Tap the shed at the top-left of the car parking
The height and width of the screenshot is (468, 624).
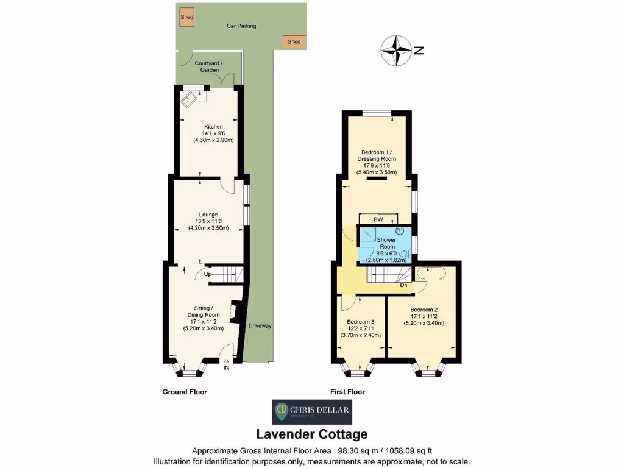(186, 17)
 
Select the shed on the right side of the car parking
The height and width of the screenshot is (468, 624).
(294, 41)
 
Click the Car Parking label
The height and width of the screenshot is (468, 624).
(241, 26)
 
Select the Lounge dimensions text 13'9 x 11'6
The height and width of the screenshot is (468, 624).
(208, 221)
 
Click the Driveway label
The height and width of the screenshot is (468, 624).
(260, 325)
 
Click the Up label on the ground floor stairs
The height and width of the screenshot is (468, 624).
(208, 275)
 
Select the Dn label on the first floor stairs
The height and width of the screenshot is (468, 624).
(403, 285)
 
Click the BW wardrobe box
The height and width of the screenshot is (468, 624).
(378, 219)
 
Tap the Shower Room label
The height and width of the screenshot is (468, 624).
(386, 243)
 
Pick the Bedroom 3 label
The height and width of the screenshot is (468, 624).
(360, 321)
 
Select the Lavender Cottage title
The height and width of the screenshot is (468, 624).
(311, 434)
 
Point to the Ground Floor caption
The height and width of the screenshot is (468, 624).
(185, 392)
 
